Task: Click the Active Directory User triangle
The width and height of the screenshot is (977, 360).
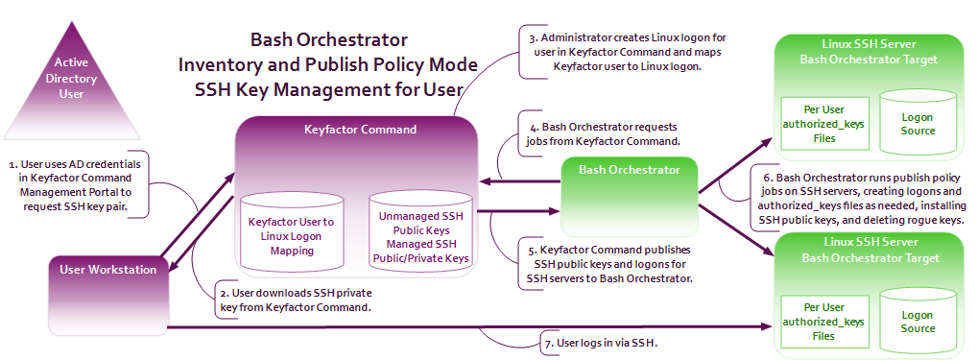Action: pos(71,87)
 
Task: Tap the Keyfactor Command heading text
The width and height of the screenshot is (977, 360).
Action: pos(360,130)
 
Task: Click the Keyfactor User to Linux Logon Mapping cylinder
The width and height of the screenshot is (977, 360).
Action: pos(292,232)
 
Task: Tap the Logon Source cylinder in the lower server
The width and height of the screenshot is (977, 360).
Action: pos(917,319)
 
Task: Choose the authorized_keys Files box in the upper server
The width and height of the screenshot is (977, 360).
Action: pos(823,123)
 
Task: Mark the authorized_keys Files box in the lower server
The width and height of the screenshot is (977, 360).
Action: pos(823,322)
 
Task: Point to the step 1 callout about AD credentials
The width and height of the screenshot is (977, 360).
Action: pos(75,185)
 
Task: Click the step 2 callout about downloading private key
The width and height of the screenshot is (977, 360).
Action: pos(296,300)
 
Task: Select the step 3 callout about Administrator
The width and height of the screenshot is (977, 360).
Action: pos(628,52)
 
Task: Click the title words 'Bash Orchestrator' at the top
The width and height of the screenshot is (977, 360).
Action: pos(328,40)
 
